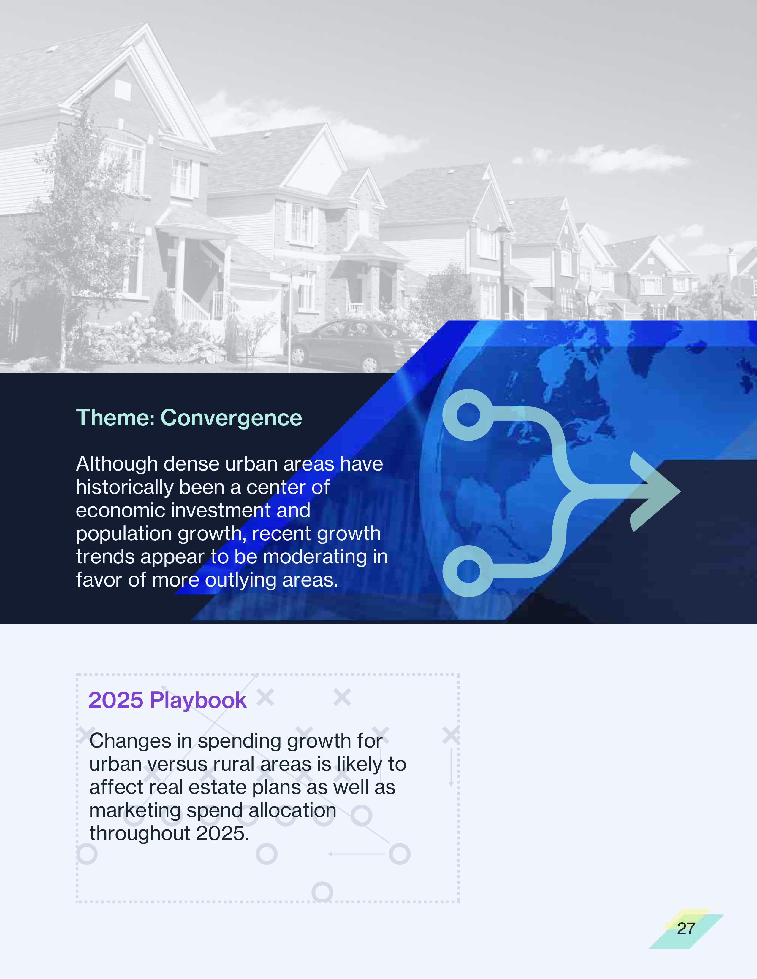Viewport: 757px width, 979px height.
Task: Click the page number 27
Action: point(686,928)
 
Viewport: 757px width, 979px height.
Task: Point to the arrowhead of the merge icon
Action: point(656,491)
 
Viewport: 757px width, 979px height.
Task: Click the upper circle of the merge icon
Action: point(468,415)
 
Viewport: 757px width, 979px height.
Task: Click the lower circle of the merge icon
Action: point(468,571)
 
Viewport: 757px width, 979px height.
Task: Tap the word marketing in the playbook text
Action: point(134,811)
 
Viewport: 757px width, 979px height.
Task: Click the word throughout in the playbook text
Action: point(140,834)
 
